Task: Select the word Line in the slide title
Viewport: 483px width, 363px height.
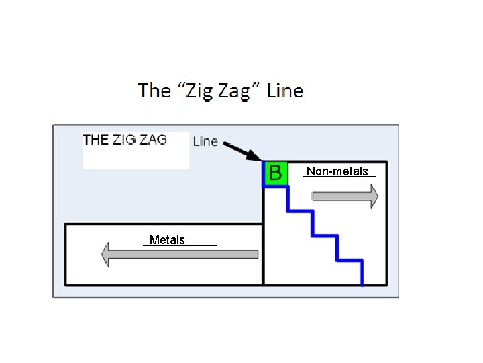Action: pyautogui.click(x=285, y=91)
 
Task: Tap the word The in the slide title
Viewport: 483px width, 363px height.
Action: pyautogui.click(x=154, y=91)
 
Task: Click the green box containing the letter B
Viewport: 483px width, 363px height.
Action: pyautogui.click(x=275, y=173)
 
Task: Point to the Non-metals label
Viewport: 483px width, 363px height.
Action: pyautogui.click(x=337, y=171)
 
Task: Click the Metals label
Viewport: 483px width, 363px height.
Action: pyautogui.click(x=168, y=240)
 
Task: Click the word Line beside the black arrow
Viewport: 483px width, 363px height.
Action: pyautogui.click(x=205, y=141)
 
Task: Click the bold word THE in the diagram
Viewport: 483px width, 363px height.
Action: pyautogui.click(x=95, y=140)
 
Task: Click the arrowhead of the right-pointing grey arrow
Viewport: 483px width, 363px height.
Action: pyautogui.click(x=372, y=196)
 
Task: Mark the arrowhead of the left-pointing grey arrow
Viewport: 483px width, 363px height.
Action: pyautogui.click(x=105, y=254)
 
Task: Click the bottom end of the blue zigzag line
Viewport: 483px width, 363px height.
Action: pyautogui.click(x=362, y=282)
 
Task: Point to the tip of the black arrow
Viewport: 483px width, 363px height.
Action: pyautogui.click(x=260, y=159)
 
